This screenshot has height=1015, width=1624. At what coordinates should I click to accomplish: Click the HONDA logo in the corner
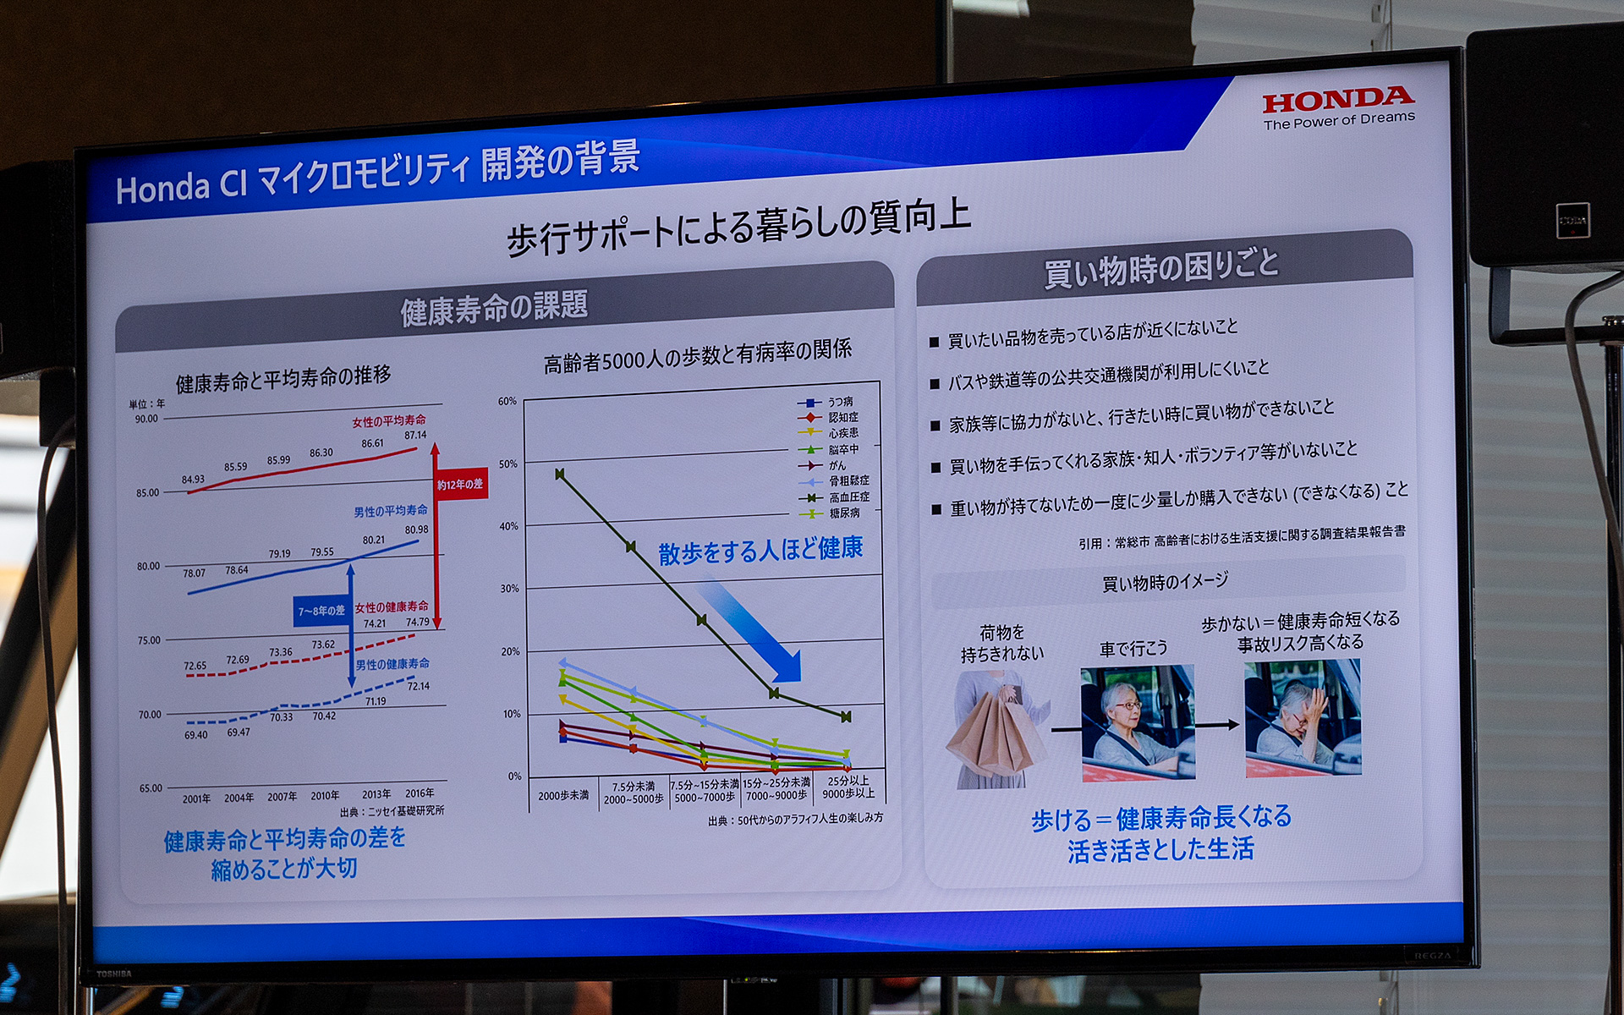click(1337, 101)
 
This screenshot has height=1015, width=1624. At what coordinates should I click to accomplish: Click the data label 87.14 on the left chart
click(415, 435)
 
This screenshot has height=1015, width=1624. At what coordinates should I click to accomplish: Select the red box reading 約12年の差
click(461, 484)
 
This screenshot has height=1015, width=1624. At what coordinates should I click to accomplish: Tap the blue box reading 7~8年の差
click(321, 610)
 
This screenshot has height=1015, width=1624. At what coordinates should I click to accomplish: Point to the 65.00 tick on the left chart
click(151, 788)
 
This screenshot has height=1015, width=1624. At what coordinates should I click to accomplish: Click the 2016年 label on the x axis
click(420, 793)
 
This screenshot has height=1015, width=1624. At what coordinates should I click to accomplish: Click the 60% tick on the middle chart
click(507, 401)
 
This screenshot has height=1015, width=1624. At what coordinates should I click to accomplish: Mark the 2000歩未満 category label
click(563, 796)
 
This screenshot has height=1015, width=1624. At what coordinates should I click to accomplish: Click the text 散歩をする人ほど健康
click(760, 550)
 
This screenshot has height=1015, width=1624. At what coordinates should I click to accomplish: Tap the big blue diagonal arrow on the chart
click(752, 630)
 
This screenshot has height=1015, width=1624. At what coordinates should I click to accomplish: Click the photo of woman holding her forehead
click(1303, 718)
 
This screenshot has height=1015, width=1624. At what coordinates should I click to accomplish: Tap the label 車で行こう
click(1133, 649)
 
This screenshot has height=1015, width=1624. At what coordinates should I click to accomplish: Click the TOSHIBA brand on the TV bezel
click(113, 974)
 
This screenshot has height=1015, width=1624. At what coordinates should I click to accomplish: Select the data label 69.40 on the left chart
click(195, 735)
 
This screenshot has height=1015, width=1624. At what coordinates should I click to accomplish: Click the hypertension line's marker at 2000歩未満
click(560, 474)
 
